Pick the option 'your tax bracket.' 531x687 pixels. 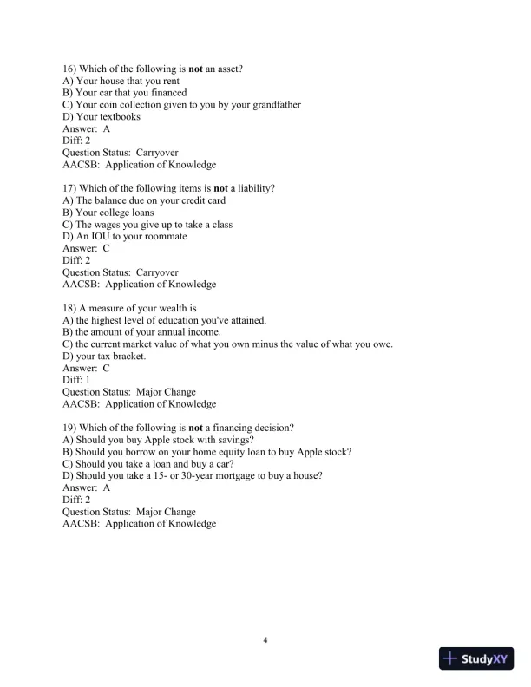(x=109, y=356)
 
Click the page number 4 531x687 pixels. (x=265, y=640)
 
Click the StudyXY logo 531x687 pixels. (x=477, y=659)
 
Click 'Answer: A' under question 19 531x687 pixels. (x=87, y=487)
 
